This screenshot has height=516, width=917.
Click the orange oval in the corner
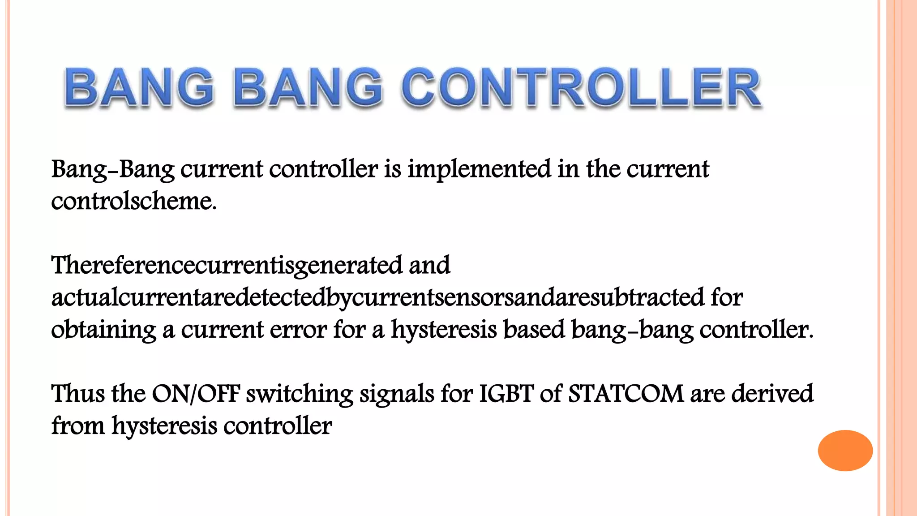pos(845,450)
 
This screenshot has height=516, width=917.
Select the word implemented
pos(479,170)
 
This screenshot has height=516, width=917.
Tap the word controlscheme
pos(133,201)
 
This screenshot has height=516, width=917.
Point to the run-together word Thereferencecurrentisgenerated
pos(227,266)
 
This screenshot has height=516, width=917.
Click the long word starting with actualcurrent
pos(378,298)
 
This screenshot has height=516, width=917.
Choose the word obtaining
pos(103,330)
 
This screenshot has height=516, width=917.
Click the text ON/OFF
pos(196,394)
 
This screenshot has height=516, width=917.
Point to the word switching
pos(300,394)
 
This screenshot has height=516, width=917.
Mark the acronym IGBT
pos(506,394)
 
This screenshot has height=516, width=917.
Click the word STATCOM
pos(626,394)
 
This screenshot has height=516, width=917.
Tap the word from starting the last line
pos(77,426)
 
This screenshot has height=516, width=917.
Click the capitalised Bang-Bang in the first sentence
pos(113,170)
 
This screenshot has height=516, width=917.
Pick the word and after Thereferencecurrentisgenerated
pos(429,266)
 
